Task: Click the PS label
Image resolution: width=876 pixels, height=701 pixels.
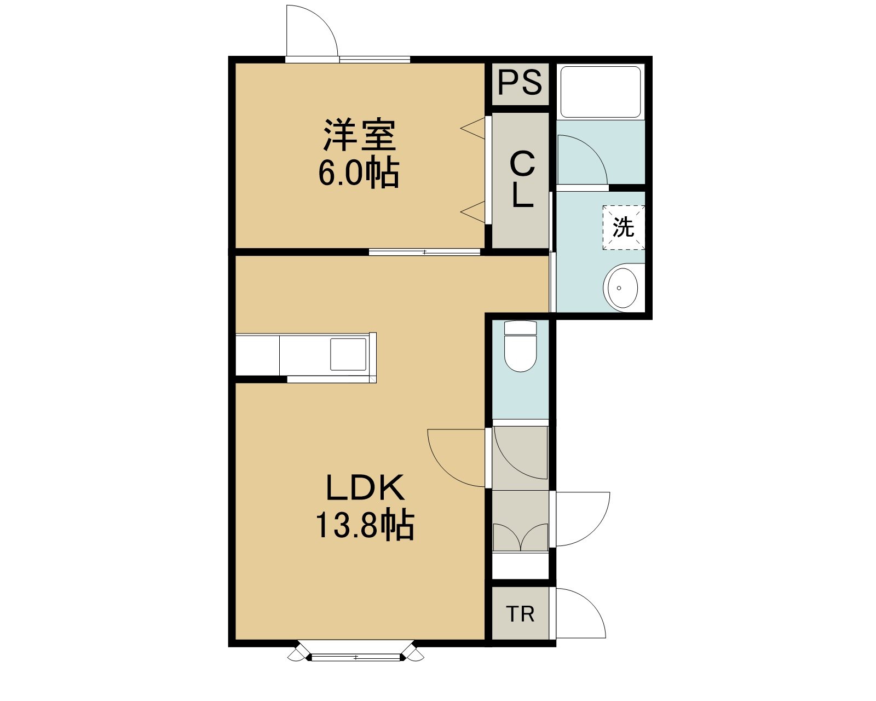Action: [520, 83]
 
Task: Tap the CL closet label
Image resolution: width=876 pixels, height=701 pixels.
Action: [522, 179]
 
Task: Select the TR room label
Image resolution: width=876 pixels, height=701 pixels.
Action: [520, 614]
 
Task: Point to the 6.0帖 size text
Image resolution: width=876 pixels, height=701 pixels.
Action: [359, 173]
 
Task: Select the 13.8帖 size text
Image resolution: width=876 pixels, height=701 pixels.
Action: [365, 525]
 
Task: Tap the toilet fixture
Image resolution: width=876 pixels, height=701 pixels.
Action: [520, 346]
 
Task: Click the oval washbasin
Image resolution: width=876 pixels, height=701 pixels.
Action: [623, 288]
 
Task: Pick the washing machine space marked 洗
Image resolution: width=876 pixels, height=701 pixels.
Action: [624, 227]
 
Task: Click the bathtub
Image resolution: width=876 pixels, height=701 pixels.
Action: [601, 92]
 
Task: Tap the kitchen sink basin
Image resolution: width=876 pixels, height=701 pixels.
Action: [348, 354]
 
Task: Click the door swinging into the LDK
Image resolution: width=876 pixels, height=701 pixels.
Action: [457, 458]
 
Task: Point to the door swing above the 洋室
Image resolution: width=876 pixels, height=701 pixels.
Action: [312, 31]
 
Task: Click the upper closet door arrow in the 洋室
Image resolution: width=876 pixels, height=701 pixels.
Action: [473, 128]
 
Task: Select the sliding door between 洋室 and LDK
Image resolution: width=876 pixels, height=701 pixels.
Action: [424, 252]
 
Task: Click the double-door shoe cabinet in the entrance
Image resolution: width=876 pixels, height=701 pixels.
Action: [520, 537]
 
